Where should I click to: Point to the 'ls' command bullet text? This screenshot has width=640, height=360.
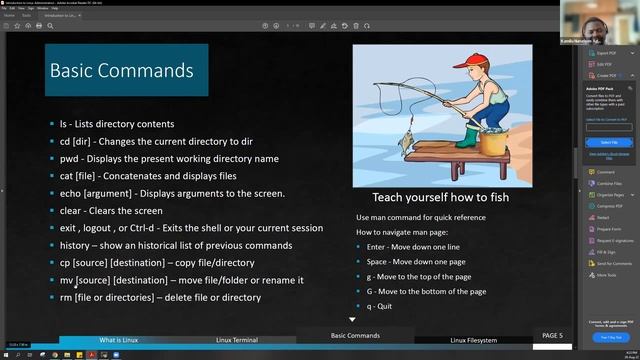(x=65, y=124)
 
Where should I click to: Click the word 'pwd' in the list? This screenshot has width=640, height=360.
(x=69, y=159)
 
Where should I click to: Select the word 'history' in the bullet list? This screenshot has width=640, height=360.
(x=76, y=245)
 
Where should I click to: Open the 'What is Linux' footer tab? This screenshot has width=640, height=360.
(x=125, y=339)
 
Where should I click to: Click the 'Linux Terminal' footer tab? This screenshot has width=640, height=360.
(x=237, y=339)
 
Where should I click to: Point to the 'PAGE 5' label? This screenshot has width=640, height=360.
(x=552, y=336)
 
